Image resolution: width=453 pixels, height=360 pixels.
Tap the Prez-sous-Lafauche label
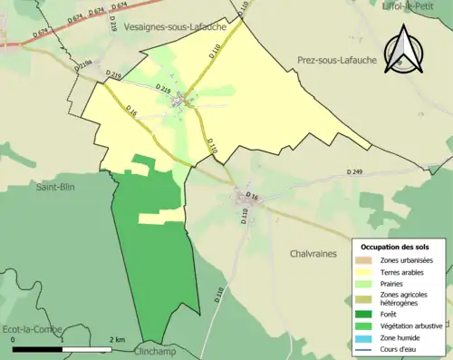pyautogui.click(x=337, y=61)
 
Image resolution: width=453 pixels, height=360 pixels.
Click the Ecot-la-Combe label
pyautogui.click(x=30, y=328)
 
